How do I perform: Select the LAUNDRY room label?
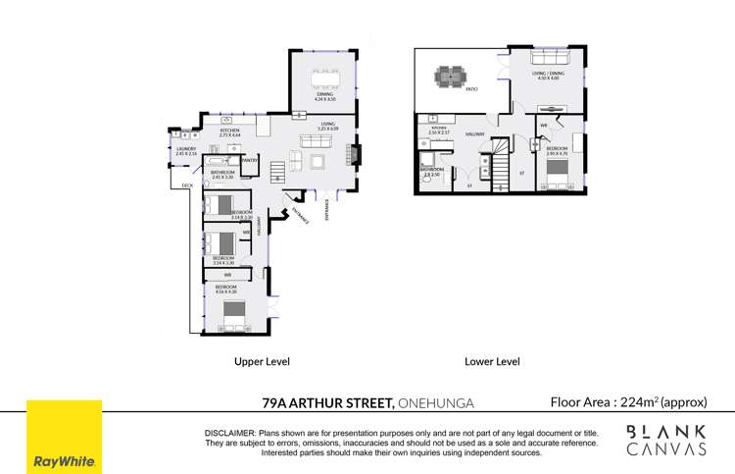point(186,149)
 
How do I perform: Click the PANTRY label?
point(250,159)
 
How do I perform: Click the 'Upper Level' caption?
point(262,361)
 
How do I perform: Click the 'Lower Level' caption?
point(491,361)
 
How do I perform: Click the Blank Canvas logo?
point(666,440)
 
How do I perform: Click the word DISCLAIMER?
point(229,433)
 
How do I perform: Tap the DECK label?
point(187,184)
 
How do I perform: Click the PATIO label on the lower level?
point(470,90)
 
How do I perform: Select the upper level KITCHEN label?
point(230,131)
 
